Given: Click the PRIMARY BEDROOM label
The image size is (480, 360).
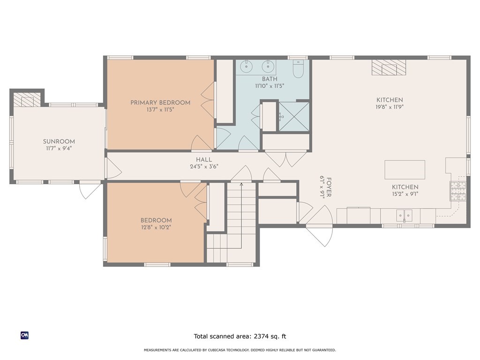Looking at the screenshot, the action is point(160,103).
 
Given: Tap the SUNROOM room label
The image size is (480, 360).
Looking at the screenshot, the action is point(59,142).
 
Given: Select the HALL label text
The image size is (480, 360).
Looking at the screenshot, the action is point(204,160).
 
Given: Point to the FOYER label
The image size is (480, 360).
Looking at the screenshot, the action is point(329,187).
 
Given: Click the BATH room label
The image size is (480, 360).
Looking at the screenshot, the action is point(270,79).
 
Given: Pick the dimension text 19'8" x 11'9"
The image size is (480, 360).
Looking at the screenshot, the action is point(390,107).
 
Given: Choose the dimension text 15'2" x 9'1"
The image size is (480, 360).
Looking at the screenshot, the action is point(405,194).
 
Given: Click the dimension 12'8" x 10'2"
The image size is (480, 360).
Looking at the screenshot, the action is point(156,227).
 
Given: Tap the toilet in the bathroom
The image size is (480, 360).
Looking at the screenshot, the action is point(298,68).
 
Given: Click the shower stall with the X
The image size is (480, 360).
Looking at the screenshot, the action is point(294,117).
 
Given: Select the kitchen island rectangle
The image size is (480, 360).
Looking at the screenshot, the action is point(405,170).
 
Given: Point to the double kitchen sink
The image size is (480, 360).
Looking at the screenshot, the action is point(404,216).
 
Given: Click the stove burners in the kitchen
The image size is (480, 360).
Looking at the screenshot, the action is point(457,191).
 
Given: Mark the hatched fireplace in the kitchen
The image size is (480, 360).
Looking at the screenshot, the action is point(389,67).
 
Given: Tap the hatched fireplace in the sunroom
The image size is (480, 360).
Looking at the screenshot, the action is point(27,99).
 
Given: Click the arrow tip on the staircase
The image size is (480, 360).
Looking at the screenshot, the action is point(241,184).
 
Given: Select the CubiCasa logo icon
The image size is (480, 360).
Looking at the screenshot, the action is point(24,336).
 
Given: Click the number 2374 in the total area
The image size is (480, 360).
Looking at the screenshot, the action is point(261,337).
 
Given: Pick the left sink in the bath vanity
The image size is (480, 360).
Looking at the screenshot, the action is point(246,66).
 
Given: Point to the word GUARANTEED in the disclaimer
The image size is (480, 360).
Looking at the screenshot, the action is point(324,350).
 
